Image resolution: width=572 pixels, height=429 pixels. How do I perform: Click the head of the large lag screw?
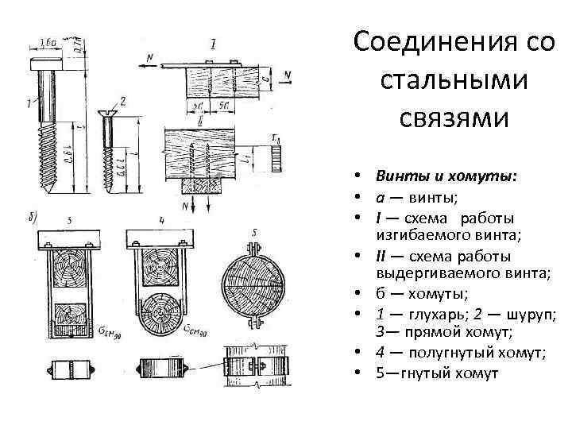pos(49,61)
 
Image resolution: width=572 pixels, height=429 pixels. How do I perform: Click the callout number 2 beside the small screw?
pos(122,102)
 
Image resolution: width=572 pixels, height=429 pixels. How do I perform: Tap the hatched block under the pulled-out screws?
pos(202,187)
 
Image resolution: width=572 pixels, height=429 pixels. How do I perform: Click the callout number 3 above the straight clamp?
pos(71,218)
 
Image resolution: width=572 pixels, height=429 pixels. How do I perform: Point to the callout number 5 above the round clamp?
pos(253,231)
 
